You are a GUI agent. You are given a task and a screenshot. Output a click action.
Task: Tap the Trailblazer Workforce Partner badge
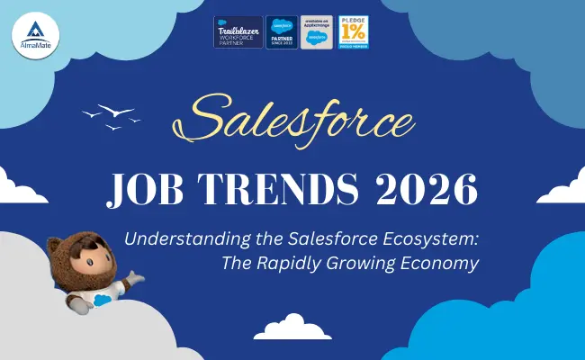pos(238,32)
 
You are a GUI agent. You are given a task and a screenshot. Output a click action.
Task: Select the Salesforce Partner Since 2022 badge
pos(281,32)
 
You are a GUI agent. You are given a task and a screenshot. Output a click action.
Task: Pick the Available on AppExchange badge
pos(316,32)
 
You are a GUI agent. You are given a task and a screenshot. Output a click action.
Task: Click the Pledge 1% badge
pos(353,32)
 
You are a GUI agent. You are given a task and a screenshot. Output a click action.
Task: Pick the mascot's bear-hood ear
pos(56,244)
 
